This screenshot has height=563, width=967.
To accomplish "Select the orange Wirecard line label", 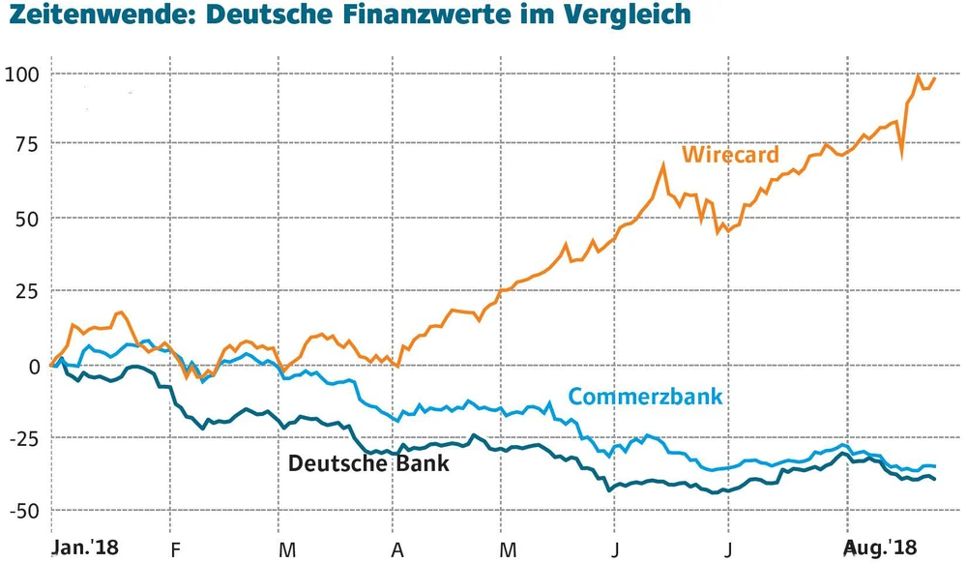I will [730, 155].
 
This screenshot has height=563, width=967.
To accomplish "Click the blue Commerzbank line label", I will [646, 396].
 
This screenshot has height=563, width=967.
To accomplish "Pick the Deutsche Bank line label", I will [368, 463].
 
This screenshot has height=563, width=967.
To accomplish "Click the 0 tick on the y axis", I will [31, 365].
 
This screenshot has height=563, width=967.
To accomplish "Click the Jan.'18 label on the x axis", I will [83, 547].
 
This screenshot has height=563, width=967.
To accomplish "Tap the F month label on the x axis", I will [170, 548].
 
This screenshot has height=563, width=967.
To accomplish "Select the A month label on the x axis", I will [395, 548].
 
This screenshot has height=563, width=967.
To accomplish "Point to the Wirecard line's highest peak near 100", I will [918, 76].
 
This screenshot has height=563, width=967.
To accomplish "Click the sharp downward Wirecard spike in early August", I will [901, 153].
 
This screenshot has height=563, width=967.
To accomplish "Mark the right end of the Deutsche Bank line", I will [935, 479].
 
